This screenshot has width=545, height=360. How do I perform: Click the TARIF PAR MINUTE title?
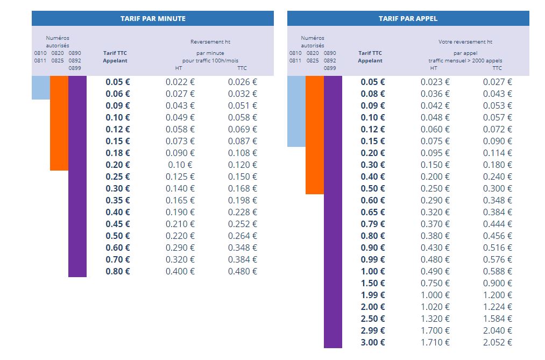pos(153,18)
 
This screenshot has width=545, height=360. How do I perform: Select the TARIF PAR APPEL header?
pos(408,18)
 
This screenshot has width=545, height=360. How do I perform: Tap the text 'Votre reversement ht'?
pos(465,41)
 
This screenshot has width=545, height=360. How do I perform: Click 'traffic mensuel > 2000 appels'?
pos(465,61)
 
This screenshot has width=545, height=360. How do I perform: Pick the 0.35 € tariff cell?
pos(118,200)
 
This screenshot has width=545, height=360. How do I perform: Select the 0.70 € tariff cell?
pos(118,259)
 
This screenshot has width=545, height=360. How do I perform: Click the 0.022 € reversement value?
pos(180,82)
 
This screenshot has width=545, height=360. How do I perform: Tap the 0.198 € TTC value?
pos(243,200)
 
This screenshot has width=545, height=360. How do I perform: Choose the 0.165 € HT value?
pos(180,200)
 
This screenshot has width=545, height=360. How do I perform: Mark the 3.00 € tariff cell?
pos(373,342)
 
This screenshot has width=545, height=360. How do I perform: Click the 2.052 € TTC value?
pos(498,342)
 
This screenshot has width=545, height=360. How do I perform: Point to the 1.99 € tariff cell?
pos(373,295)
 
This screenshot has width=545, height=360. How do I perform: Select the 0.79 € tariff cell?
pos(373,224)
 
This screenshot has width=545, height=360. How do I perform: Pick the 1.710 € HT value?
pos(435,342)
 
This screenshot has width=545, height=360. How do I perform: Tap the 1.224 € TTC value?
pos(498,307)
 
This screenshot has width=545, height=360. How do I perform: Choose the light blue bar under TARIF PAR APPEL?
pos(296,111)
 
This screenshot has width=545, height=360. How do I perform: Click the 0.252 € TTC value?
pos(243,224)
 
